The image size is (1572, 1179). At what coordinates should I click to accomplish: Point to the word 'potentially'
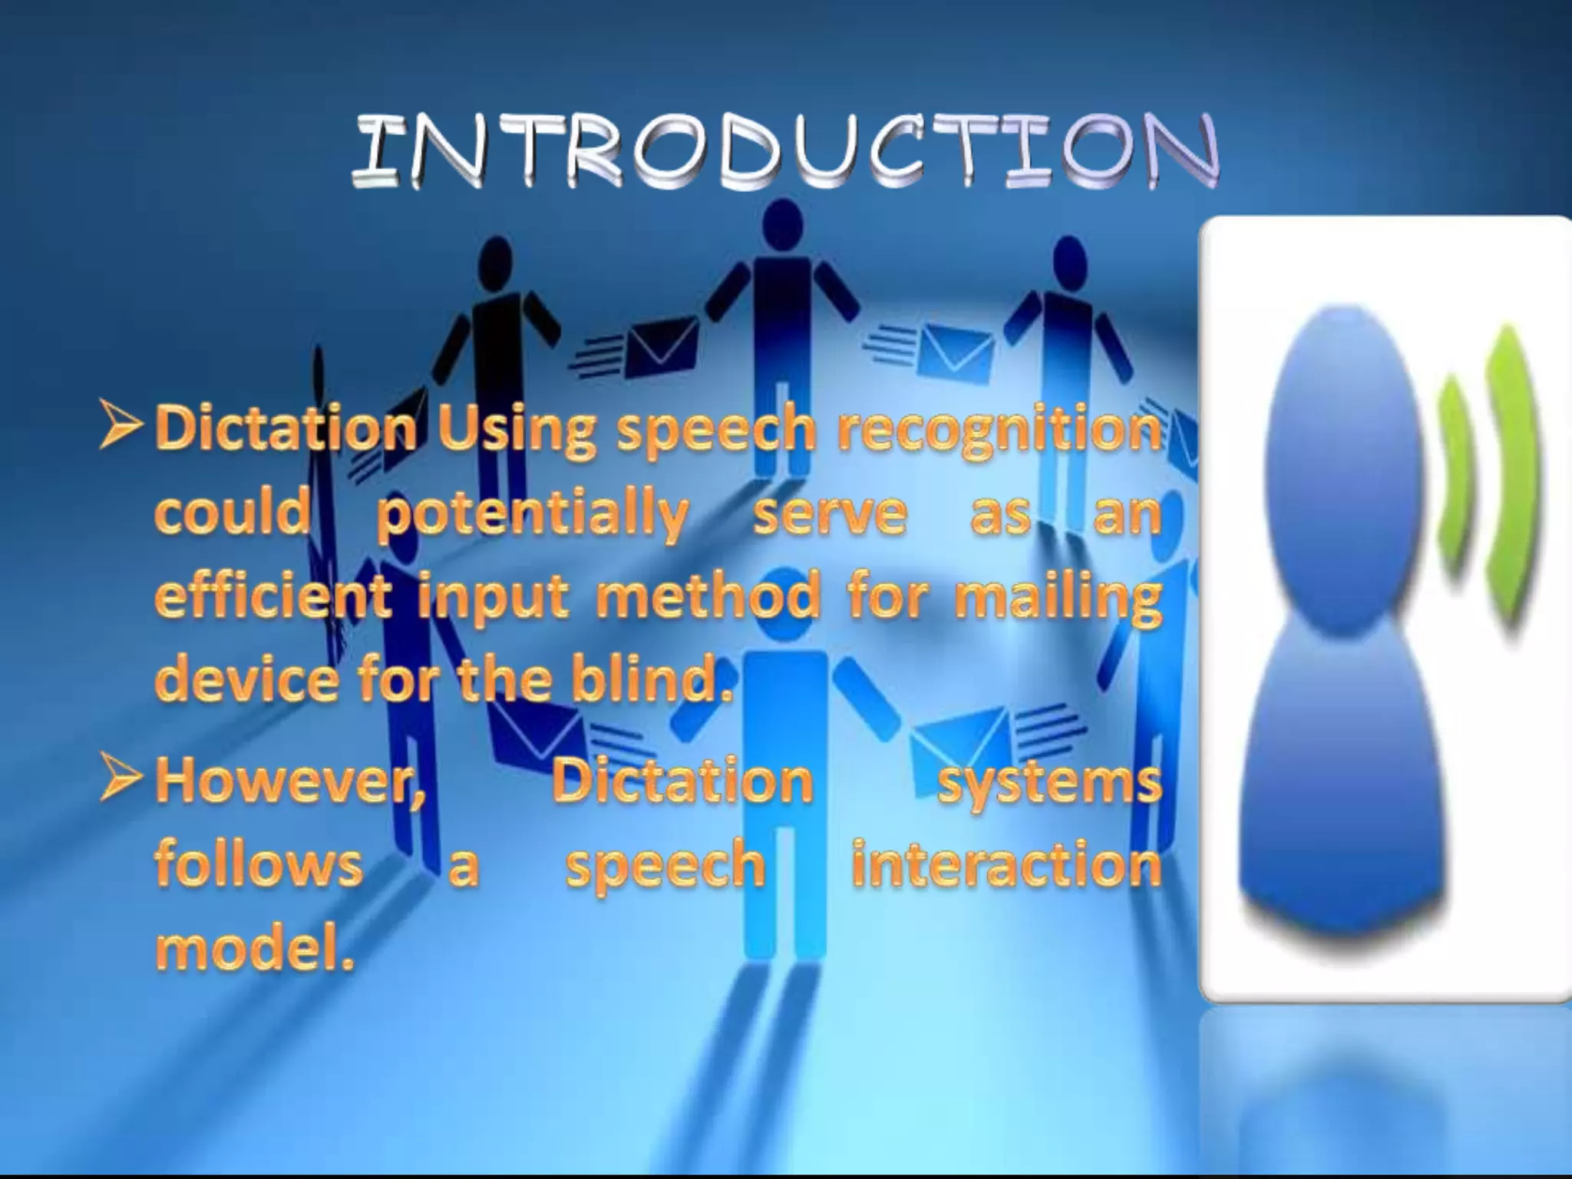point(533,516)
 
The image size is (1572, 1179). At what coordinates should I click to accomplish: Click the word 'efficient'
point(273,598)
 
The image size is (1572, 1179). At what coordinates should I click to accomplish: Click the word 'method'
point(707,598)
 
